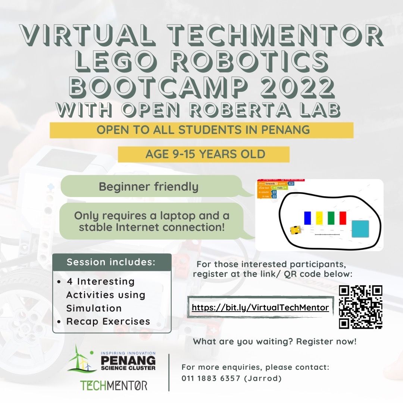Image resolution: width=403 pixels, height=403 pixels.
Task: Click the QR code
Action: pyautogui.click(x=360, y=307)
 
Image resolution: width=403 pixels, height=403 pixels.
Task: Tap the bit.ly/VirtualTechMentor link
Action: pyautogui.click(x=260, y=307)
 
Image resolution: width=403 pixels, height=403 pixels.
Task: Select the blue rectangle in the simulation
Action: pyautogui.click(x=307, y=218)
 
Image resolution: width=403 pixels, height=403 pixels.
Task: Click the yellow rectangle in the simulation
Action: pyautogui.click(x=319, y=218)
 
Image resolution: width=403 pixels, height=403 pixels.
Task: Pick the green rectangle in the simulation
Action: pyautogui.click(x=331, y=218)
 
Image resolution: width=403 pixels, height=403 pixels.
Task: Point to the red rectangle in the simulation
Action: pyautogui.click(x=343, y=218)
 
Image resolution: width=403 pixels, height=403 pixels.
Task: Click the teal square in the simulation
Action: pyautogui.click(x=360, y=229)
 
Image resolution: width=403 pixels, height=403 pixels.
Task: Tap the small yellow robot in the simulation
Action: pyautogui.click(x=295, y=230)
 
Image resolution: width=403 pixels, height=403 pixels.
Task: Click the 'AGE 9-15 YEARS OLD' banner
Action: pyautogui.click(x=204, y=154)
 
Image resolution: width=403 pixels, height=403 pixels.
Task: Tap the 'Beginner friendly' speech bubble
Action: pyautogui.click(x=149, y=186)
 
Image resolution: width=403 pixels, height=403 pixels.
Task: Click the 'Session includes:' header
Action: pyautogui.click(x=111, y=262)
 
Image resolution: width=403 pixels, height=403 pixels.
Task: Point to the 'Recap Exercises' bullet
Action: pyautogui.click(x=108, y=321)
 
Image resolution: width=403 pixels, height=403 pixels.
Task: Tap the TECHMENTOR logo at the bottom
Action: pyautogui.click(x=114, y=385)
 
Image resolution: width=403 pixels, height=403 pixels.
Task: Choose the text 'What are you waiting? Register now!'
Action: pyautogui.click(x=275, y=341)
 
